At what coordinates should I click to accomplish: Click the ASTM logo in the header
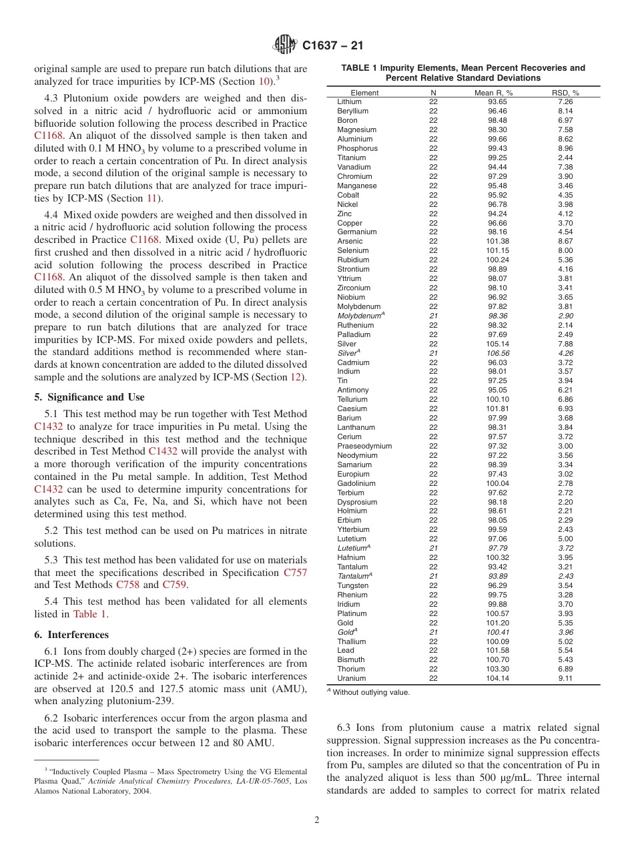[x=285, y=46]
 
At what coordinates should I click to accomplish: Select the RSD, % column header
[x=565, y=93]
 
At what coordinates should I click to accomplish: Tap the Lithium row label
[x=349, y=102]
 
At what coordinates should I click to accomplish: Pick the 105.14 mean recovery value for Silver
[x=497, y=344]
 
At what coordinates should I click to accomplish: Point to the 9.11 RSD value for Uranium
[x=565, y=679]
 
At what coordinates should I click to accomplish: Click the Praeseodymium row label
[x=364, y=447]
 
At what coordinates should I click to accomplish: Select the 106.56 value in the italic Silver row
[x=498, y=354]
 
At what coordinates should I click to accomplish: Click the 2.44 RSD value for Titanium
[x=565, y=158]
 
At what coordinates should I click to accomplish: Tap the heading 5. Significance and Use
[x=89, y=397]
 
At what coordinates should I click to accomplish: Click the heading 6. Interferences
[x=71, y=635]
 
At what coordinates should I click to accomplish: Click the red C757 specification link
[x=295, y=573]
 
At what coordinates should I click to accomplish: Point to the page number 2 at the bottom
[x=317, y=820]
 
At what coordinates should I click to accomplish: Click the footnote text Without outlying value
[x=371, y=693]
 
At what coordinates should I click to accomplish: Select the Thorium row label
[x=351, y=669]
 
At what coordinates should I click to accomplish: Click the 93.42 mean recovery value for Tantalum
[x=497, y=567]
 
